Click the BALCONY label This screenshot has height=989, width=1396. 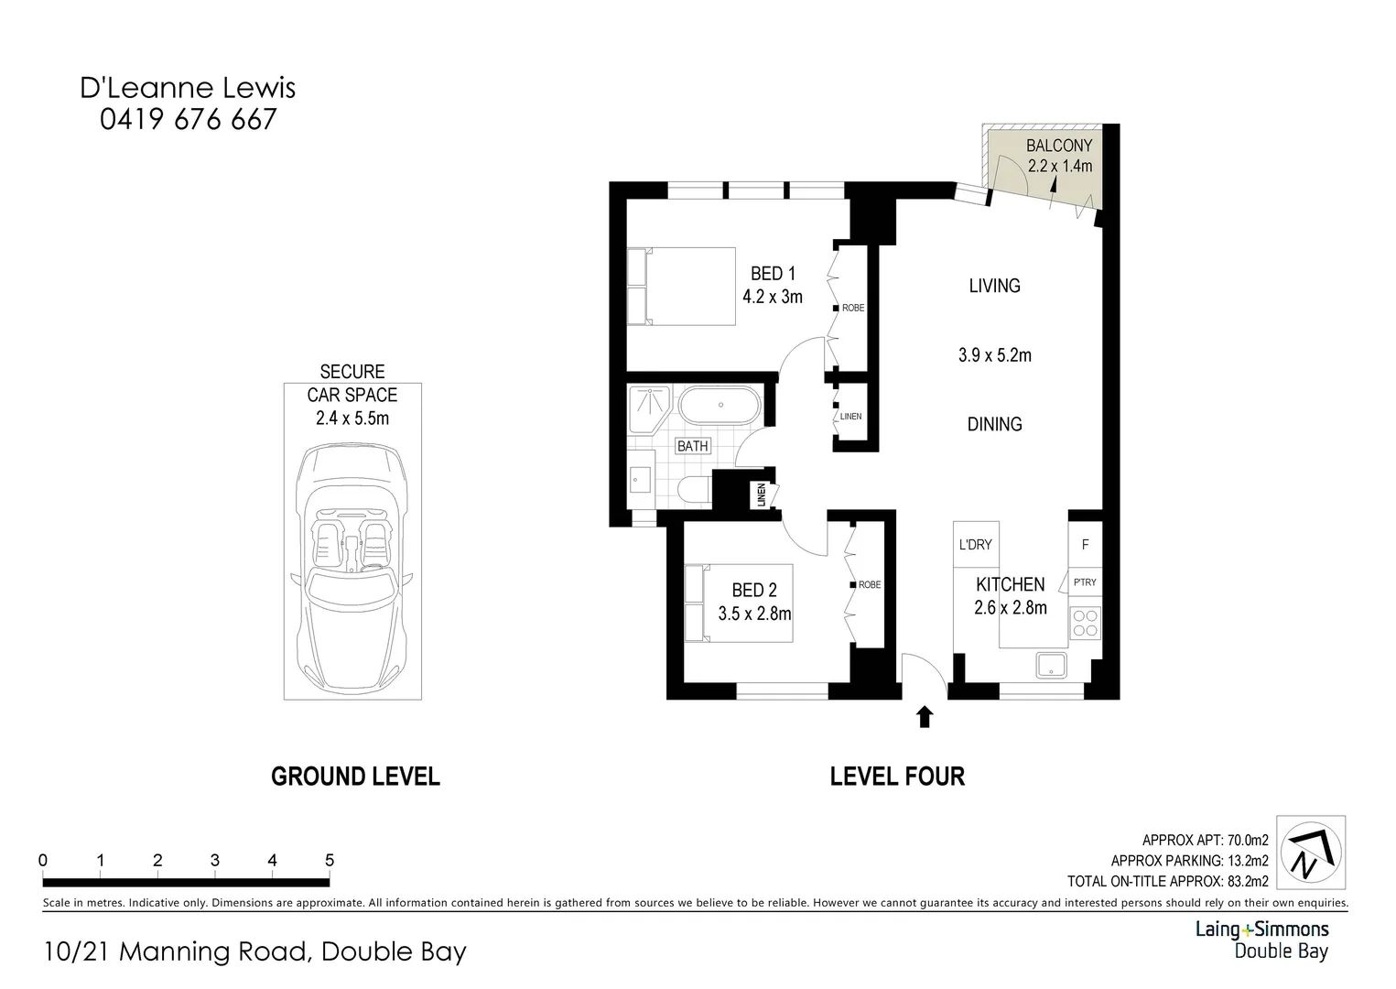click(x=1058, y=146)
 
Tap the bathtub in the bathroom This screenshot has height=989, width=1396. click(x=720, y=405)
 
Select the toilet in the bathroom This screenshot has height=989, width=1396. click(x=695, y=490)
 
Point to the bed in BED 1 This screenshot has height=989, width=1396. click(x=682, y=286)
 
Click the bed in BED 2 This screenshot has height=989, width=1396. click(x=738, y=603)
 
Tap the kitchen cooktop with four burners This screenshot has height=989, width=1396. click(x=1085, y=624)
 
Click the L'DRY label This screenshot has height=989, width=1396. click(x=975, y=545)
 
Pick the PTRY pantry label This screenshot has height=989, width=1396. click(x=1085, y=582)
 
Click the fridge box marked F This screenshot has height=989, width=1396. click(x=1085, y=545)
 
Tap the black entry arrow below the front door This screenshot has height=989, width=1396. click(x=924, y=716)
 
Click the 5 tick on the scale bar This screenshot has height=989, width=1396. click(x=330, y=861)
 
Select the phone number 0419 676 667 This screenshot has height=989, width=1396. click(x=188, y=119)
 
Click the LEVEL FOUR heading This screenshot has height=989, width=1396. click(x=897, y=777)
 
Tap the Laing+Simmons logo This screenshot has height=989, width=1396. click(x=1262, y=940)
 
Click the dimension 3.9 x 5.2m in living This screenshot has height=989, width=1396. click(x=994, y=355)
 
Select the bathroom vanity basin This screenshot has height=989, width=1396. click(x=640, y=480)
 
